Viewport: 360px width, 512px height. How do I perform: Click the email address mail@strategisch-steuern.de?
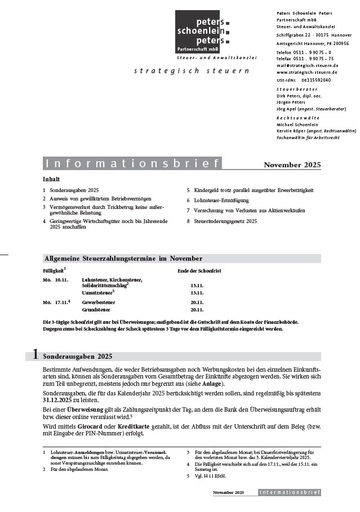(x=307, y=65)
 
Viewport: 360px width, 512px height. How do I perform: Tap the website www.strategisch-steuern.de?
(x=307, y=73)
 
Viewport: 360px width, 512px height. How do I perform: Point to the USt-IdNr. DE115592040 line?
(x=304, y=80)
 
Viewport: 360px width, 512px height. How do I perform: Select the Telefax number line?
(x=305, y=58)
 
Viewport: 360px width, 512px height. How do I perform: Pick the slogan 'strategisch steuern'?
(x=192, y=71)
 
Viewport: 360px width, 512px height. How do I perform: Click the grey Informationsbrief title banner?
(x=132, y=164)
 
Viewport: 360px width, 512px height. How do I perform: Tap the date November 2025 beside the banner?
(x=292, y=165)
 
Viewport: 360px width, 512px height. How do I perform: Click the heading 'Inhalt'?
(x=51, y=179)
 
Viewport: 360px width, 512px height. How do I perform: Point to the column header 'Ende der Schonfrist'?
(x=199, y=271)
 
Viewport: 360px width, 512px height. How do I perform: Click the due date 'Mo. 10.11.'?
(x=55, y=280)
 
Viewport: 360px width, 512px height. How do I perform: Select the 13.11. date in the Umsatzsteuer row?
(x=197, y=293)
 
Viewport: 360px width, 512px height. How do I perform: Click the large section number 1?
(x=35, y=355)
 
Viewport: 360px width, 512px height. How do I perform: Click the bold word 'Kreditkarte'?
(x=134, y=427)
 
